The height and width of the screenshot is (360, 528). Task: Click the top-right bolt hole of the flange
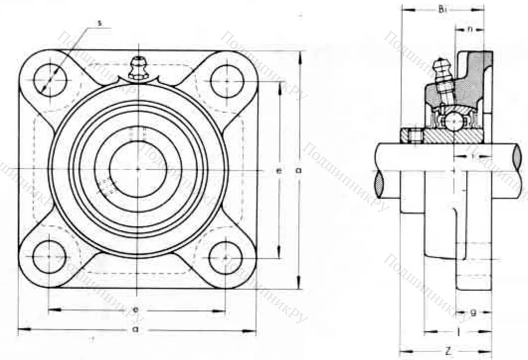pyautogui.click(x=227, y=81)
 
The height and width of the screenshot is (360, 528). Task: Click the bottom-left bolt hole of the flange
pyautogui.click(x=49, y=257)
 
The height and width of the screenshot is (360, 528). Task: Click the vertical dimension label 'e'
pyautogui.click(x=279, y=171)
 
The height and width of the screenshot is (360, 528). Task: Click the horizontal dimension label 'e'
pyautogui.click(x=136, y=309)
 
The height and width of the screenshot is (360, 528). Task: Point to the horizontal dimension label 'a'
pyautogui.click(x=135, y=329)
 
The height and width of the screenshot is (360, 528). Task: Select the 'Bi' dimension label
pyautogui.click(x=443, y=9)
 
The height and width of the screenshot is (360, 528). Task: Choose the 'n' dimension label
pyautogui.click(x=471, y=29)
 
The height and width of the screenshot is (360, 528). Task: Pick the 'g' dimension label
pyautogui.click(x=473, y=313)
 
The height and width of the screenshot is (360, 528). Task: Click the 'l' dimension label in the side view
pyautogui.click(x=459, y=332)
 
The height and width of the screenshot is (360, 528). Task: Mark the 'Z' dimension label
pyautogui.click(x=447, y=351)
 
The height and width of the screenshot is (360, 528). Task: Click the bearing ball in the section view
pyautogui.click(x=453, y=122)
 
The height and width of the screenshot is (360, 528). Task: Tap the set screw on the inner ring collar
pyautogui.click(x=412, y=136)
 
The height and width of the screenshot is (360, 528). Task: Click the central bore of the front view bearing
pyautogui.click(x=138, y=169)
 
